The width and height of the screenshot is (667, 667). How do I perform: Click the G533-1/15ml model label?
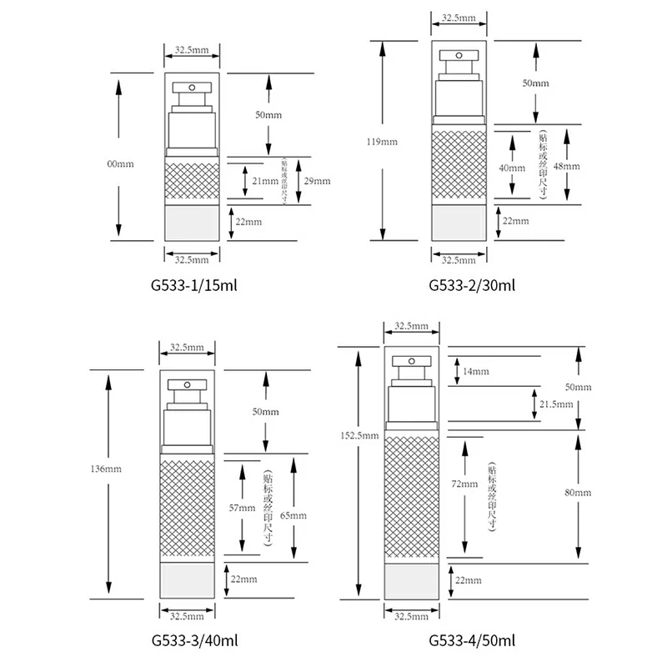click(x=193, y=285)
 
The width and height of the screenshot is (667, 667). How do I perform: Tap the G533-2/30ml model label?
click(x=473, y=285)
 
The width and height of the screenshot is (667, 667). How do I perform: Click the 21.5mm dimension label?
click(x=557, y=404)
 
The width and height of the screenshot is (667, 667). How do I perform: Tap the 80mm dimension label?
click(x=577, y=494)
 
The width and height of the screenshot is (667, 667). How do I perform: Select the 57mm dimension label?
click(x=247, y=508)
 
